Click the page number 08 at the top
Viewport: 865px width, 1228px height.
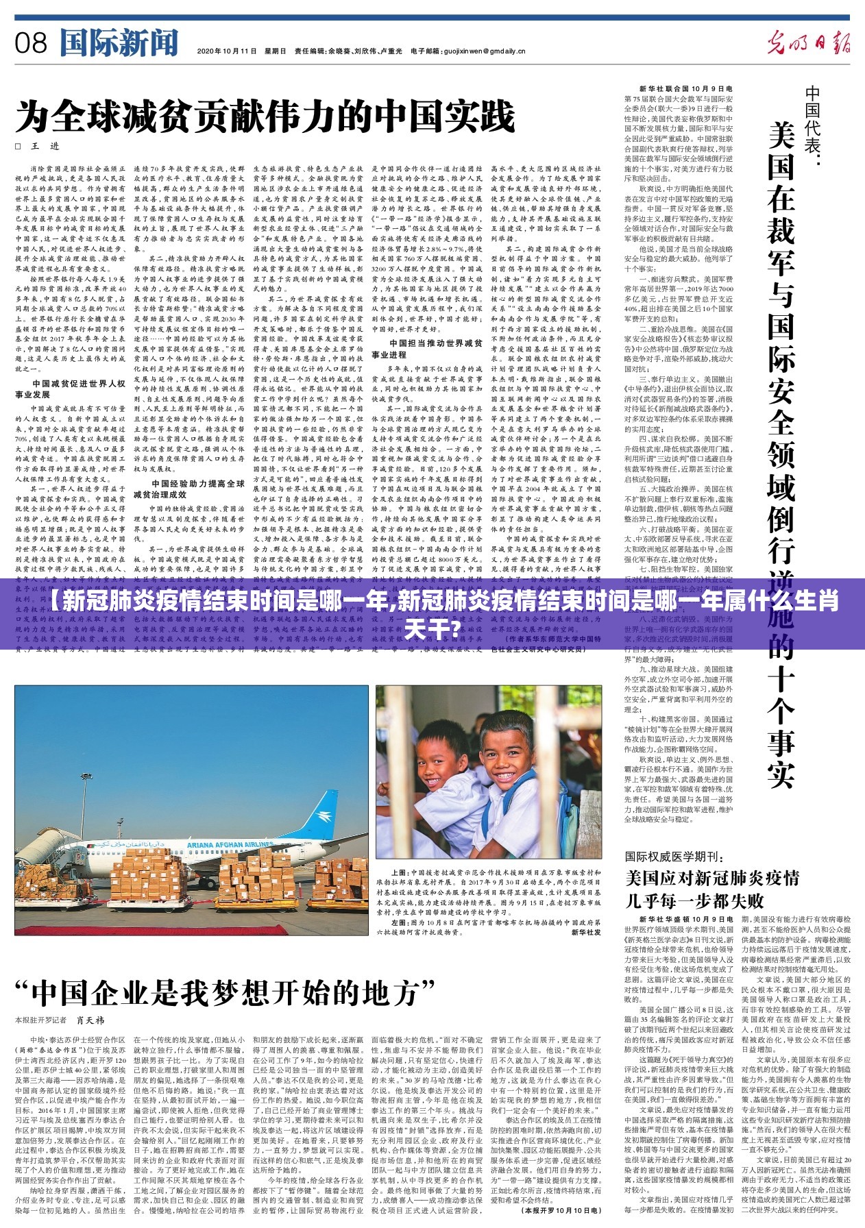(31, 43)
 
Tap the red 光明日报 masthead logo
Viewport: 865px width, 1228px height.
(809, 43)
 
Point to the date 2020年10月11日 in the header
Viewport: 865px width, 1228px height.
(226, 51)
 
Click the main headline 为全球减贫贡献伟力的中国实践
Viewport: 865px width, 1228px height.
(265, 116)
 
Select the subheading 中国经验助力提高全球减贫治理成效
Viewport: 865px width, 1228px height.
(188, 489)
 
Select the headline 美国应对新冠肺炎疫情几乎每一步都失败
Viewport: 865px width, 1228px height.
(711, 889)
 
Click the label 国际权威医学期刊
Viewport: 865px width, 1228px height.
(674, 857)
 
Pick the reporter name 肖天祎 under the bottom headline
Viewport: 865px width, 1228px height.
(90, 1020)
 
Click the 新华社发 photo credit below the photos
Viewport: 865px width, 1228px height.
(586, 932)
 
